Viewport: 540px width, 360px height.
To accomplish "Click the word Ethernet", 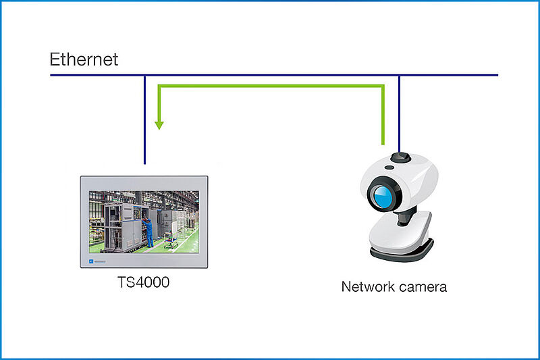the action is [x=84, y=59].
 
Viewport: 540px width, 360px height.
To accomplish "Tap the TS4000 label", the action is [x=143, y=282].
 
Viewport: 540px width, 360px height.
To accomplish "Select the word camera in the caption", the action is [x=420, y=287].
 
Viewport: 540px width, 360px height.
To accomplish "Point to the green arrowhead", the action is [x=159, y=126].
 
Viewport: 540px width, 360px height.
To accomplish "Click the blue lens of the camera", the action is [x=383, y=196].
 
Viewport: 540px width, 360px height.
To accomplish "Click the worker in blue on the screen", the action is [x=148, y=232].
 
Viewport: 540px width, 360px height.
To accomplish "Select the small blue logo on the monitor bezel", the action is [x=91, y=261].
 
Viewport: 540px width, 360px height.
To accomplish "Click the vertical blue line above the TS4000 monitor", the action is [x=144, y=120].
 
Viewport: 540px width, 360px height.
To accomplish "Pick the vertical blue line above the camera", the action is [x=399, y=114].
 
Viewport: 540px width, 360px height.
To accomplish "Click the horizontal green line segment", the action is [x=271, y=86].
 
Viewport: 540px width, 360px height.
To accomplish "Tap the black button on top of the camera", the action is [x=400, y=157].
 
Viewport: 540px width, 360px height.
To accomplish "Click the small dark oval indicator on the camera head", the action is [x=389, y=168].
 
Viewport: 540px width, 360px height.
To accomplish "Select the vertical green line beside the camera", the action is [x=383, y=115].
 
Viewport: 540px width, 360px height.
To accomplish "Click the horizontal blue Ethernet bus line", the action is [x=274, y=75].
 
